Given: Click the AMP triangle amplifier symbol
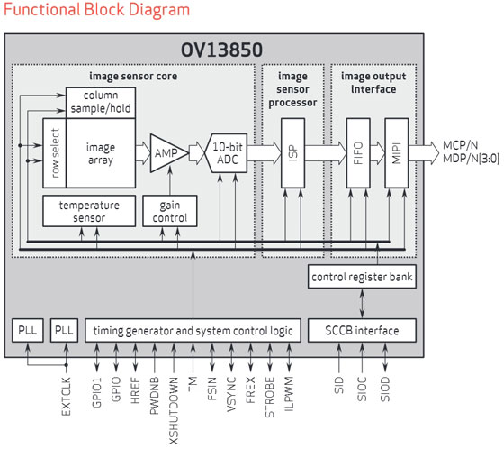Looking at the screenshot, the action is pos(168,153).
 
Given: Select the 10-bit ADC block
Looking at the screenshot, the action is pos(228,153).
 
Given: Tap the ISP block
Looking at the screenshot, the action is pos(292,153).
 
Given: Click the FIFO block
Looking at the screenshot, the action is pos(358,153).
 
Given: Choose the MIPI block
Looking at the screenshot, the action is pos(397,153).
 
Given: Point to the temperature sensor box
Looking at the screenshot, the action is pos(89,211).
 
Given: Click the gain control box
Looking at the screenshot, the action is pos(170,211).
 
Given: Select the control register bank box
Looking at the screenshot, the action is pos(362,277).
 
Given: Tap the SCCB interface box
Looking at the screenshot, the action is pos(362,331).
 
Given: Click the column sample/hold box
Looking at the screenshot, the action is pos(101,103).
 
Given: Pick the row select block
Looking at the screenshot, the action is pos(54,153).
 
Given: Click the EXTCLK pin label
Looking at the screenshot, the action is pos(66,397).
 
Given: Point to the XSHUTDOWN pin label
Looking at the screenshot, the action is pos(174,411).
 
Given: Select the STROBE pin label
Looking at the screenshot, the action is pos(270,398).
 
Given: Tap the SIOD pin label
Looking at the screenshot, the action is pos(385,389).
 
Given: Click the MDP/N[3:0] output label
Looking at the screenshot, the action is pos(471,159).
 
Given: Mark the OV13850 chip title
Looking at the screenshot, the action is pos(221,50).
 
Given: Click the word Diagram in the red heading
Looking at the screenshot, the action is pos(159,9).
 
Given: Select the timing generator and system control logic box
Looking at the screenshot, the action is pos(193,331).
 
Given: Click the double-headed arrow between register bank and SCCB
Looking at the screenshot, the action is pos(362,304).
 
